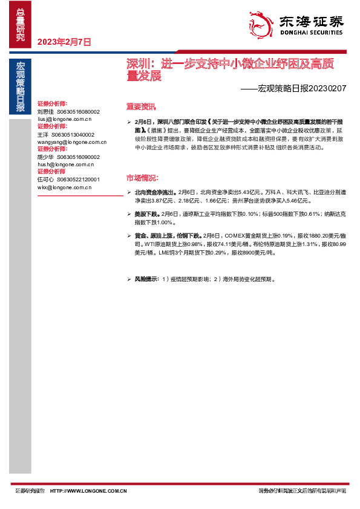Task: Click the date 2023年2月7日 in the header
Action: click(x=64, y=42)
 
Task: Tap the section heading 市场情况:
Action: click(x=142, y=178)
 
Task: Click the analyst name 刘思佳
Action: click(x=45, y=112)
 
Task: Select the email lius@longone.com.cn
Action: click(x=64, y=119)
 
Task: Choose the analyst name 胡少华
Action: click(x=45, y=157)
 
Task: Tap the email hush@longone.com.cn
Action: click(x=65, y=164)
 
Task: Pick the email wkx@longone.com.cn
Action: click(x=64, y=187)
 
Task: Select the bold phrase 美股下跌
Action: click(x=146, y=214)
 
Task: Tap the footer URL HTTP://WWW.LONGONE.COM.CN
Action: click(x=88, y=491)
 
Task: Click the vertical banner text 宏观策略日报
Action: click(x=21, y=88)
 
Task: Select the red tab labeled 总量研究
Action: click(x=21, y=24)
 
